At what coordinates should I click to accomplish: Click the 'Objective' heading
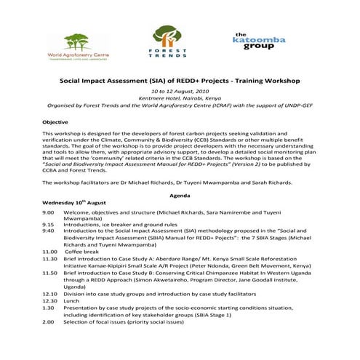pyautogui.click(x=55, y=122)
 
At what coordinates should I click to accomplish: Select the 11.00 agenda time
pyautogui.click(x=49, y=250)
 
